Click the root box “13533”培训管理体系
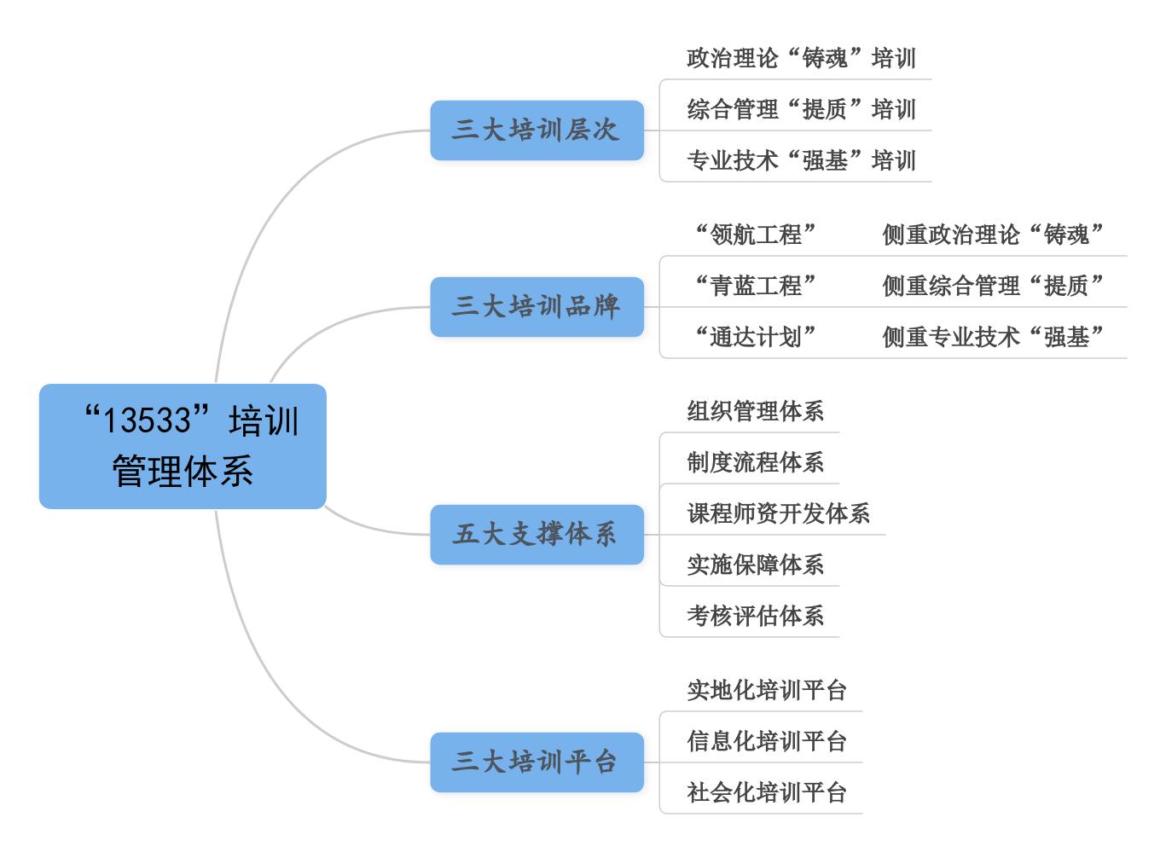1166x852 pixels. (183, 446)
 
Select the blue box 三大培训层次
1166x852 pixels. (537, 130)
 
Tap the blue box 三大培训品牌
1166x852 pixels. (537, 306)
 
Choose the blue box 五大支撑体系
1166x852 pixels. (537, 535)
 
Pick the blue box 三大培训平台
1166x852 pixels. (537, 762)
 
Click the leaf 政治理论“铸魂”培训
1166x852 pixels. (801, 58)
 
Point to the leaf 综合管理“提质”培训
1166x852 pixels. (801, 109)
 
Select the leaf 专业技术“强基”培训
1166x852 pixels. (801, 160)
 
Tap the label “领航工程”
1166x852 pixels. (755, 235)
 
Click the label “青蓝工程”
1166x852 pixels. (755, 285)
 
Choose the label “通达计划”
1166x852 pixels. (755, 337)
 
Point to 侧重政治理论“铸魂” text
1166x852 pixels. (993, 235)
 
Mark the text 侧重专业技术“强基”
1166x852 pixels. (993, 337)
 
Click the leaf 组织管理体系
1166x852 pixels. (755, 410)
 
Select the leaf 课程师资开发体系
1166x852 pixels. (778, 513)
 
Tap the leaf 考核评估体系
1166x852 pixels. (755, 616)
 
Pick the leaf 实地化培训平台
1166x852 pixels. (767, 690)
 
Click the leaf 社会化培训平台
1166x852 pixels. (767, 792)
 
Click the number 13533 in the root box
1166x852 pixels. (148, 420)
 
